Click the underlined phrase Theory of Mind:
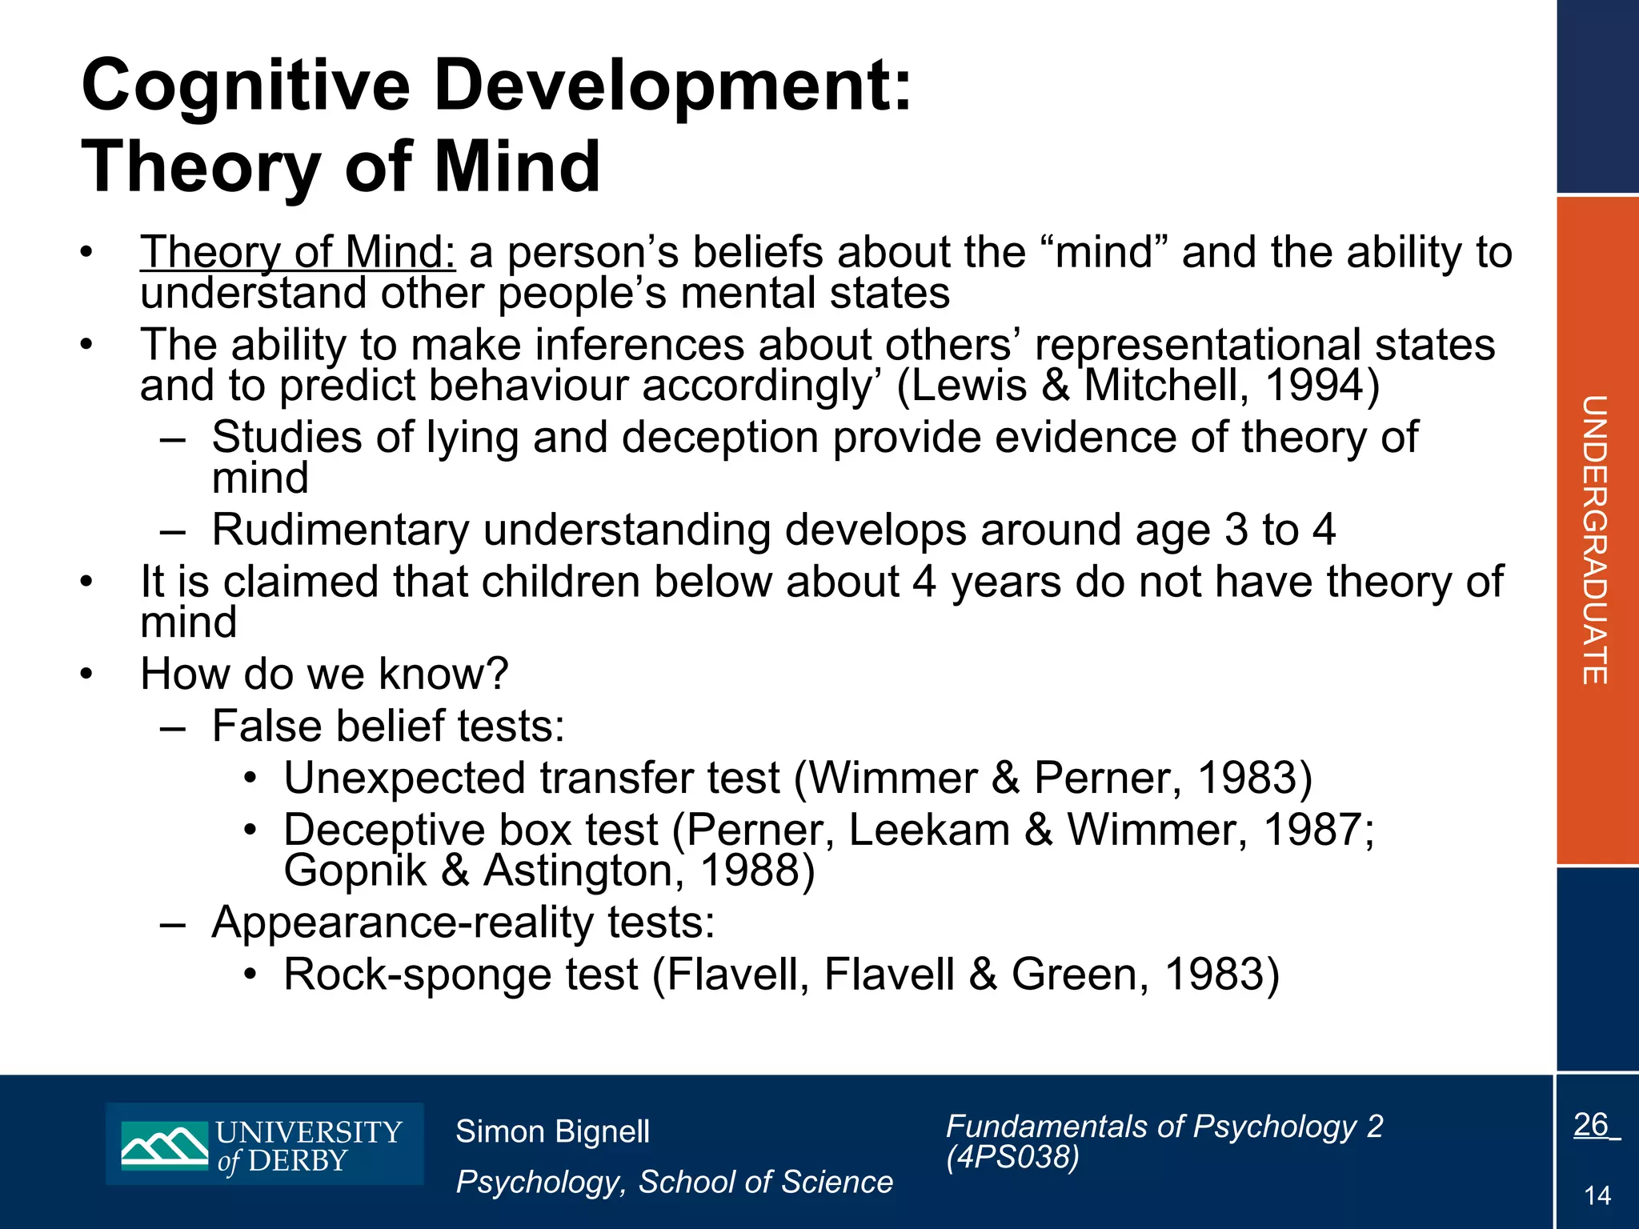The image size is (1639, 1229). (298, 252)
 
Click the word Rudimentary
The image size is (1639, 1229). (340, 530)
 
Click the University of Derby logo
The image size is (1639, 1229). (264, 1144)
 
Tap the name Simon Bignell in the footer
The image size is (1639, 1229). (552, 1132)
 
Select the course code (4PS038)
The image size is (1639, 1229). (1012, 1157)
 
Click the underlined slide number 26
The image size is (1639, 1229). (1591, 1125)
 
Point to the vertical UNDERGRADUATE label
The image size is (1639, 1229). (1594, 540)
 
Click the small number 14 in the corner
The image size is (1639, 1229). (1597, 1196)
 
